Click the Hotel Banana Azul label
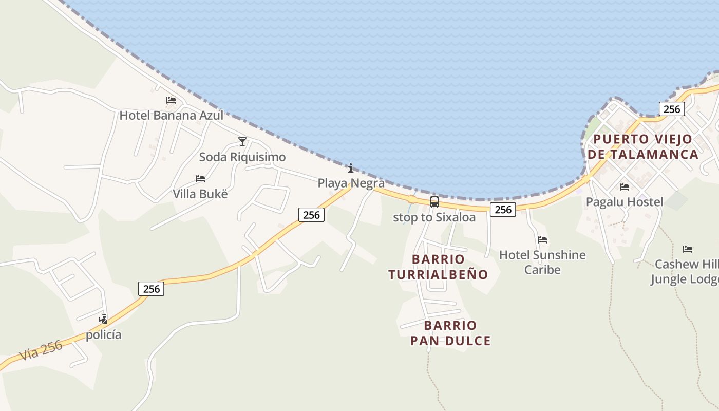pyautogui.click(x=171, y=115)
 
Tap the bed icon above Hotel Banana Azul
pyautogui.click(x=171, y=100)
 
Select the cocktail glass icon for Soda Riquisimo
pyautogui.click(x=242, y=141)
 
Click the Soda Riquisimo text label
pyautogui.click(x=242, y=157)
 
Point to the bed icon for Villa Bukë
pyautogui.click(x=200, y=179)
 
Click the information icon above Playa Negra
pyautogui.click(x=351, y=168)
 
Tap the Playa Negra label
pyautogui.click(x=351, y=183)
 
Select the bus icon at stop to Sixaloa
pyautogui.click(x=434, y=202)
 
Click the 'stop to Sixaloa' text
pyautogui.click(x=434, y=217)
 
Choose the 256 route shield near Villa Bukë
pyautogui.click(x=311, y=215)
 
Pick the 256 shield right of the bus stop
pyautogui.click(x=503, y=209)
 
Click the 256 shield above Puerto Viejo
pyautogui.click(x=672, y=109)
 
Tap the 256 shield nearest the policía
pyautogui.click(x=152, y=289)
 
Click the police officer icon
pyautogui.click(x=103, y=320)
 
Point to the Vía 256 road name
pyautogui.click(x=41, y=350)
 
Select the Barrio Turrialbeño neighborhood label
pyautogui.click(x=438, y=267)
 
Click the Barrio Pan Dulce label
pyautogui.click(x=450, y=333)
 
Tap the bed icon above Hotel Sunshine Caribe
pyautogui.click(x=542, y=239)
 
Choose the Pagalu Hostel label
pyautogui.click(x=625, y=202)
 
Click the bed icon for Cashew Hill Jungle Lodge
pyautogui.click(x=688, y=249)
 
